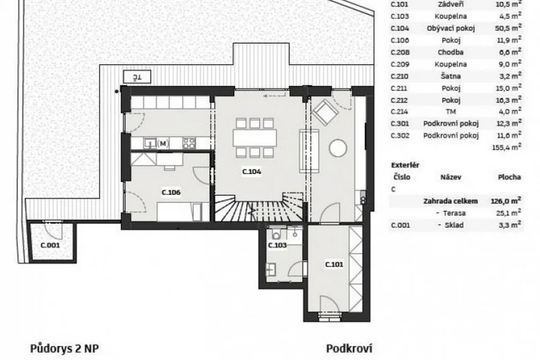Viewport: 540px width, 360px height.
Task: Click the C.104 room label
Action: click(x=252, y=172)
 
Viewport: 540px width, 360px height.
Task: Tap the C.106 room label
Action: click(x=171, y=192)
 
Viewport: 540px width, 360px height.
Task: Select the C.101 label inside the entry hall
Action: click(x=334, y=264)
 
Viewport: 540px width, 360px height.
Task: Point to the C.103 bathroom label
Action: click(x=277, y=245)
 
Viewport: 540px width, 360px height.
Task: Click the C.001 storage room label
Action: click(x=50, y=245)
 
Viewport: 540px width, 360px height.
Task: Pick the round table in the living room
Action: click(x=338, y=148)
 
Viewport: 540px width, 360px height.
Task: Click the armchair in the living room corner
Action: click(x=325, y=112)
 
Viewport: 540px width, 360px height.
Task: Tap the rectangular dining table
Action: click(x=255, y=138)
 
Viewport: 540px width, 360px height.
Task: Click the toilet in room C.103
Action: click(x=276, y=234)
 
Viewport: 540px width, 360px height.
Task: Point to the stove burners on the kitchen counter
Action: click(x=189, y=143)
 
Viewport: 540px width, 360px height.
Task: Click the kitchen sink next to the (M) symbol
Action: click(x=150, y=142)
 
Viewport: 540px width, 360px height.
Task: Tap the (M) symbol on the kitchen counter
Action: click(x=163, y=143)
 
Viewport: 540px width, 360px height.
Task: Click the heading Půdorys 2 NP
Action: click(x=64, y=348)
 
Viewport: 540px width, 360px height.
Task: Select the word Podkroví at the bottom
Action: click(x=350, y=348)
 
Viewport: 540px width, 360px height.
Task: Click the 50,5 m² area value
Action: click(x=509, y=28)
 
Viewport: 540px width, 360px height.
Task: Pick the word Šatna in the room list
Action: click(x=450, y=76)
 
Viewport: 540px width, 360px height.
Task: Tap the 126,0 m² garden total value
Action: click(x=506, y=201)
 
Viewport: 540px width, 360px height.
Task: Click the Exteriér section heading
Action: click(x=405, y=165)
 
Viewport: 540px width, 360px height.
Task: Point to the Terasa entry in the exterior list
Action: click(x=454, y=213)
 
